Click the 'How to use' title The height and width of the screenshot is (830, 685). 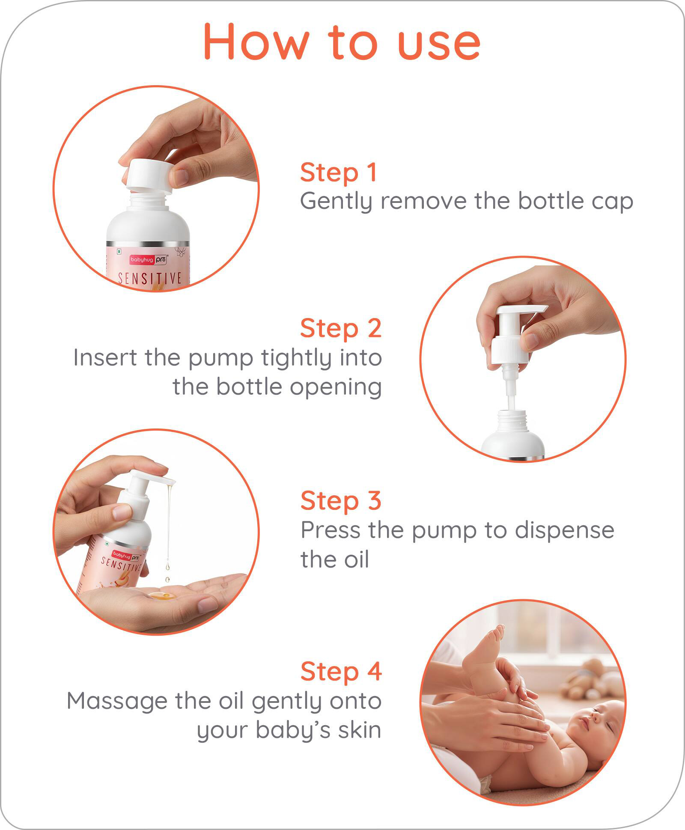(x=342, y=42)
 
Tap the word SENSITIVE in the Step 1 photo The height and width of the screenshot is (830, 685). (x=150, y=278)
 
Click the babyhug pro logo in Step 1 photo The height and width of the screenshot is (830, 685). (x=149, y=259)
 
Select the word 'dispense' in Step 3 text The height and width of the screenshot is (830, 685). (x=564, y=531)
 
